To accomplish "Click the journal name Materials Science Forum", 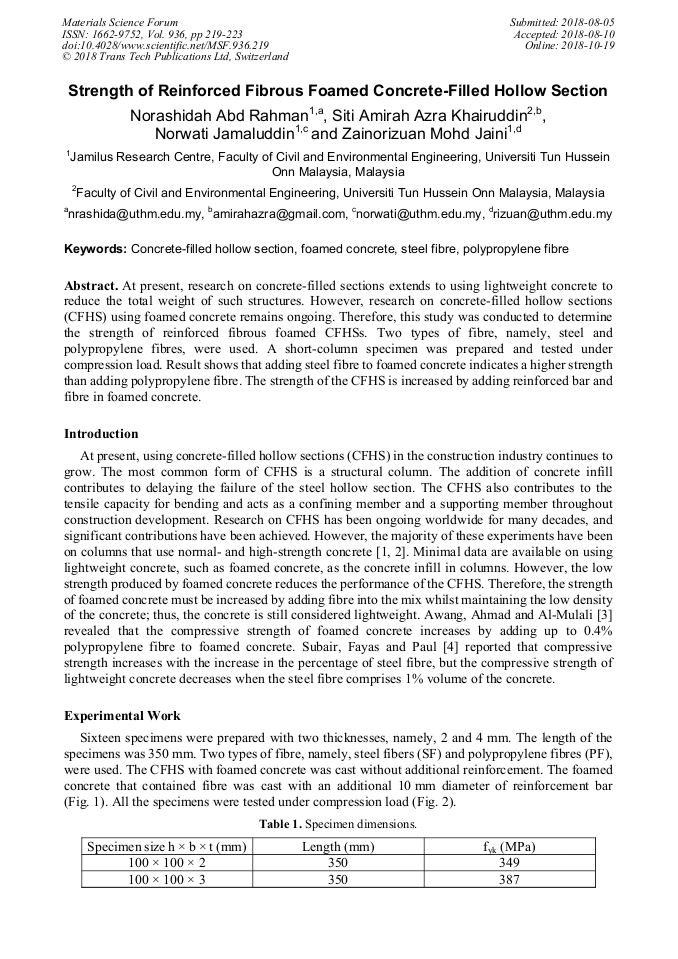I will pyautogui.click(x=120, y=22).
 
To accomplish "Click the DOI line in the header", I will pyautogui.click(x=165, y=45).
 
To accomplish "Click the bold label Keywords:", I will pyautogui.click(x=96, y=248).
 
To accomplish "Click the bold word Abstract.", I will pyautogui.click(x=91, y=286).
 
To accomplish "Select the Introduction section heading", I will pyautogui.click(x=101, y=434).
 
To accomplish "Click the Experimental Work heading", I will pyautogui.click(x=122, y=716).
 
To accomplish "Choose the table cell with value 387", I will pyautogui.click(x=509, y=879).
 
